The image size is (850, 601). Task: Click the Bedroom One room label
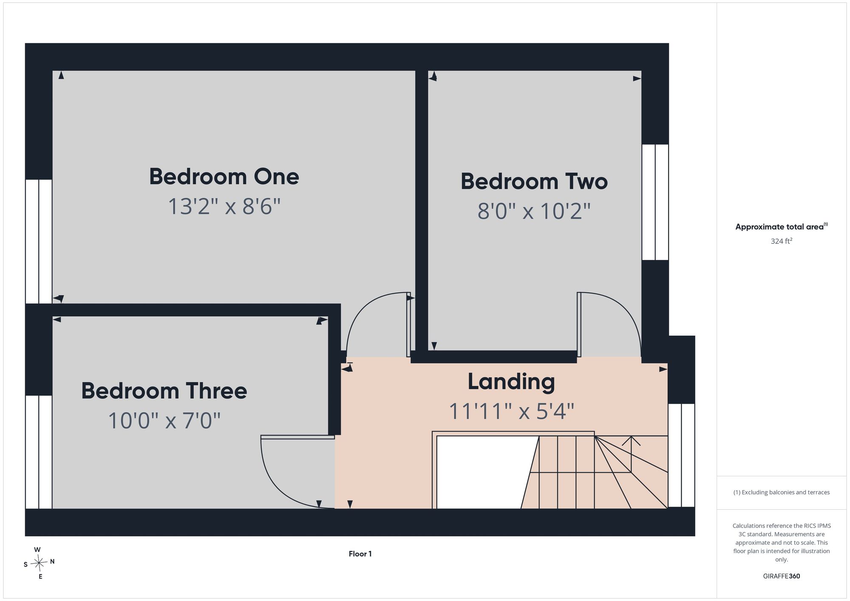tap(224, 177)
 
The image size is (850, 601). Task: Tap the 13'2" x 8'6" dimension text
tap(224, 207)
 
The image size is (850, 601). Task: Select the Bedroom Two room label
tap(534, 181)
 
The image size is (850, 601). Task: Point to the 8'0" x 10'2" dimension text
tap(534, 211)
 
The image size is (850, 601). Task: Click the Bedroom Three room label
tap(164, 391)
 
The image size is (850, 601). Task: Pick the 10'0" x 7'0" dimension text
tap(164, 421)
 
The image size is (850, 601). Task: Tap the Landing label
tap(511, 382)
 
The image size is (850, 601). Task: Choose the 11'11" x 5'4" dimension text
tap(511, 411)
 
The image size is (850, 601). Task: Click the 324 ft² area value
tap(782, 241)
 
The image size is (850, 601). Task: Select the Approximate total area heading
tap(782, 226)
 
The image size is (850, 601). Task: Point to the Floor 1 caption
tap(360, 554)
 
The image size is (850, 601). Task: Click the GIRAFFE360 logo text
tap(782, 576)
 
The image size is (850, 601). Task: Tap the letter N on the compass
tap(52, 561)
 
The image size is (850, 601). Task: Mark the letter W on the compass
tap(37, 550)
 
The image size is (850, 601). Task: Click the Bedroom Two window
tap(655, 202)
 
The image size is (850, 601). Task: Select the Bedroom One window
tap(39, 241)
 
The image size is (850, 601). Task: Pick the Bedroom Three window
tap(39, 452)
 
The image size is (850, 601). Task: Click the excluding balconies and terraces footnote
tap(782, 493)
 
